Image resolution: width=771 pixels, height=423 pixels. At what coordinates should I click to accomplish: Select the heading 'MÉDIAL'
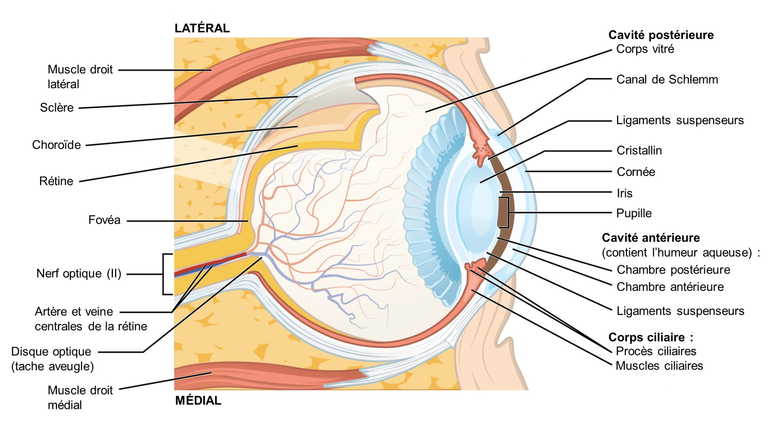pyautogui.click(x=198, y=400)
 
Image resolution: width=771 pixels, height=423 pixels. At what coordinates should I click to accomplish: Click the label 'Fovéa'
pyautogui.click(x=105, y=220)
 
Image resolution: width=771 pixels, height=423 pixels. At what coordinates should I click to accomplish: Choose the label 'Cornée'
pyautogui.click(x=636, y=172)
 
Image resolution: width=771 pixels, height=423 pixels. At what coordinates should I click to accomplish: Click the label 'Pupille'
pyautogui.click(x=634, y=213)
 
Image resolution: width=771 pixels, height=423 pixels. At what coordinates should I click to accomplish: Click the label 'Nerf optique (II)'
pyautogui.click(x=79, y=273)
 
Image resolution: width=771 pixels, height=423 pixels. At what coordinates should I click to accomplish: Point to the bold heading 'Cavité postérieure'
pyautogui.click(x=661, y=35)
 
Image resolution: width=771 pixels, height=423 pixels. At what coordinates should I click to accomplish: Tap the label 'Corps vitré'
pyautogui.click(x=645, y=49)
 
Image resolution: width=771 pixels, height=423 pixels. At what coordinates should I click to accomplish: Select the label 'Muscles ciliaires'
pyautogui.click(x=659, y=366)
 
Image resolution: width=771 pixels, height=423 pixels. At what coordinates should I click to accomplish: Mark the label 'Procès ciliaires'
pyautogui.click(x=656, y=351)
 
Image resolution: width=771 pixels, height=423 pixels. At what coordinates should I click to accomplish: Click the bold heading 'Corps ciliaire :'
pyautogui.click(x=651, y=338)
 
